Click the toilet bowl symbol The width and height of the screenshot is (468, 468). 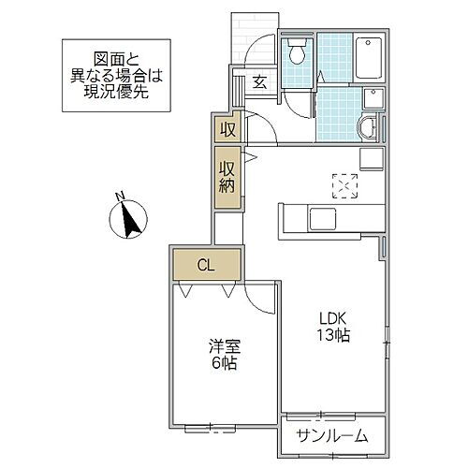point(299,53)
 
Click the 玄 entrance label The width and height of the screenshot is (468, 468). point(259,81)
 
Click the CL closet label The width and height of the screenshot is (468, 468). point(205,264)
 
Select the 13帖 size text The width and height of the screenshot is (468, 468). point(331,336)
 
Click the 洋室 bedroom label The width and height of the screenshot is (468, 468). point(222,345)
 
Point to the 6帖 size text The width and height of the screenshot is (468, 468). point(223,362)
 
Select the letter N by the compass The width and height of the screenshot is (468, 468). point(119,196)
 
